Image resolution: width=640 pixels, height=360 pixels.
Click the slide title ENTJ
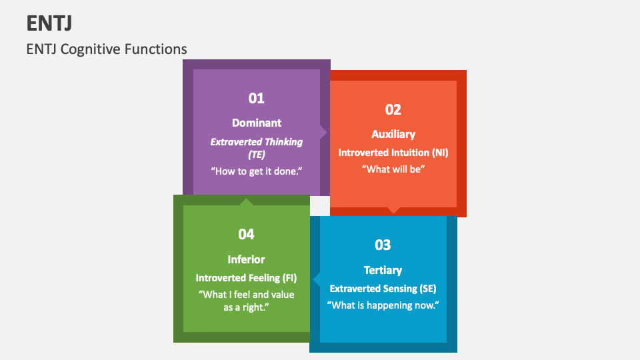pos(49,23)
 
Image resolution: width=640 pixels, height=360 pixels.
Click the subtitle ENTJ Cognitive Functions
pos(107,49)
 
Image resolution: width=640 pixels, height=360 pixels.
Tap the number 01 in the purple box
pos(257,99)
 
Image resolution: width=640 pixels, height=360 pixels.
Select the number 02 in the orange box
pos(393,110)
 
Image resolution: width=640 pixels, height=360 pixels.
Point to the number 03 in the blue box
pos(383,245)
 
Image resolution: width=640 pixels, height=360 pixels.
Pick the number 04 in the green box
pos(246,234)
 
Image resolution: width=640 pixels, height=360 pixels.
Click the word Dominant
pos(257,123)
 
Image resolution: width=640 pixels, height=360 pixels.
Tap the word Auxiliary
pos(393,135)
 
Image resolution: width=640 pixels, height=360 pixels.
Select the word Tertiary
pos(383,270)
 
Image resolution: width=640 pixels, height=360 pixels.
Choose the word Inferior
pos(246,259)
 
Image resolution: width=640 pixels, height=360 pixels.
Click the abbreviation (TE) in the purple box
pos(257,154)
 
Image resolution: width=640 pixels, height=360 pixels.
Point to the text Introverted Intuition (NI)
pos(393,153)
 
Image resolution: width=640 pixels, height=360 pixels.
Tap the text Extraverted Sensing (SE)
pos(383,289)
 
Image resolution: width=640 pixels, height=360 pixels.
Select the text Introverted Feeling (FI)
pos(246,277)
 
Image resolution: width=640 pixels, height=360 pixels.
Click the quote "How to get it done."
pos(257,171)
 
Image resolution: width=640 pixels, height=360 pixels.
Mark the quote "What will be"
pos(393,169)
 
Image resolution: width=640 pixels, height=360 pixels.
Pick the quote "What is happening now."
pos(383,305)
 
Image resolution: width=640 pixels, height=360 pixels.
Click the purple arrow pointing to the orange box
pos(324,132)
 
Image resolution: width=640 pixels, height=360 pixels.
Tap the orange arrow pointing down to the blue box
pos(394,211)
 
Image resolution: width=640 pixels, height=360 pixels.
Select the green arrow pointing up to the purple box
pos(247,201)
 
